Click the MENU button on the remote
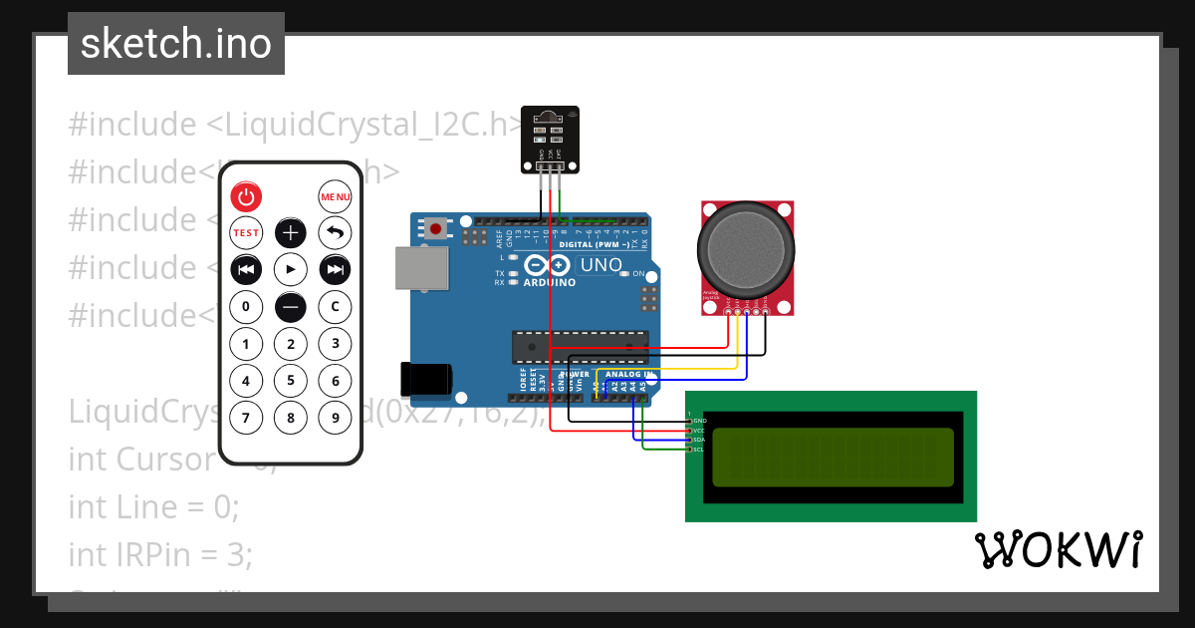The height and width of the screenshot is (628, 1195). [336, 196]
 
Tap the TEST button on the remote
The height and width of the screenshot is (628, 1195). [246, 233]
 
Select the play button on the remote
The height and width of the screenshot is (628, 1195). [291, 269]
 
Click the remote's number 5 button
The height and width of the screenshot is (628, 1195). [291, 380]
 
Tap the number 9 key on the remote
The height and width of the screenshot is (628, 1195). [336, 417]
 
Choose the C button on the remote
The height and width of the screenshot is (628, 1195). [336, 307]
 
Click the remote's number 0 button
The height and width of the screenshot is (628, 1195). [246, 307]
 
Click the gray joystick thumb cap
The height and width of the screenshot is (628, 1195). [747, 247]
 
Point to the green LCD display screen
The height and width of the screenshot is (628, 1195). [831, 457]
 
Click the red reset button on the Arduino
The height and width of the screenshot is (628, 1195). [435, 228]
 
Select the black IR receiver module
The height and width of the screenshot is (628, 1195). [550, 139]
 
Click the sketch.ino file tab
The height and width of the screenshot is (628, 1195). [176, 44]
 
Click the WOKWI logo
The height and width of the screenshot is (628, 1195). [1059, 549]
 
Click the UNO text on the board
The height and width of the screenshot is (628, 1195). [601, 265]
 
